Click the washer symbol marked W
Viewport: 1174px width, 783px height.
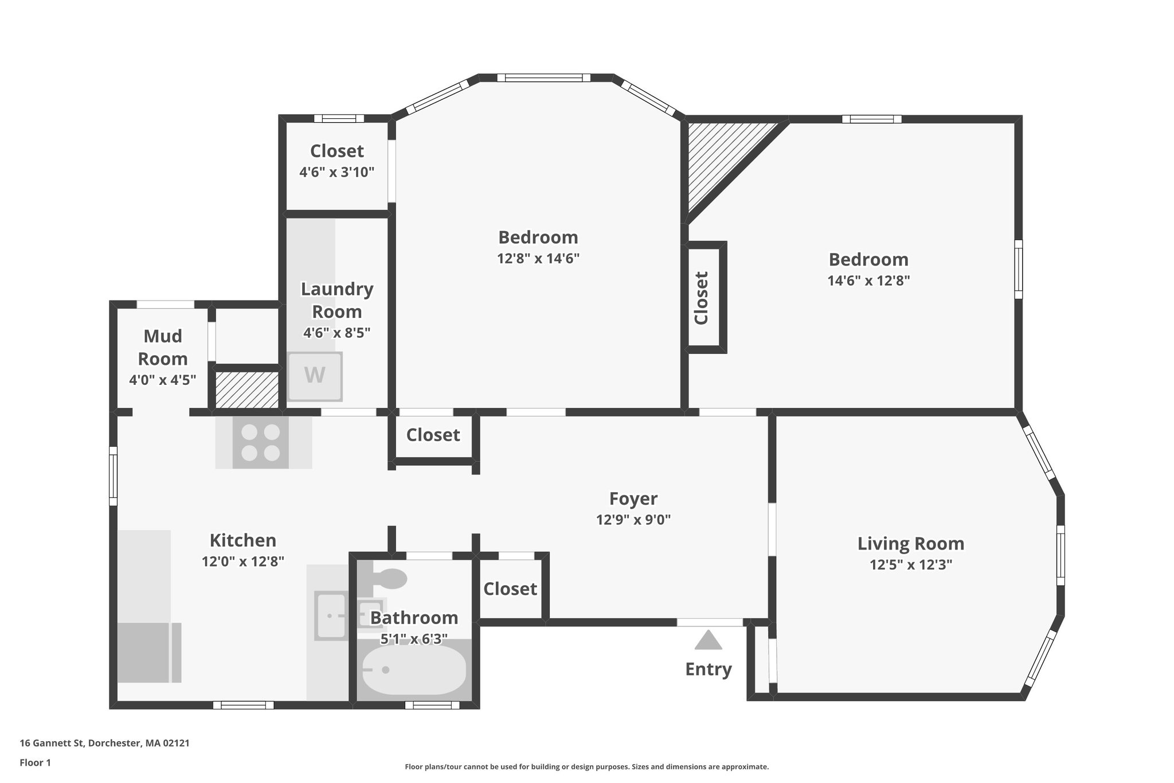click(x=315, y=376)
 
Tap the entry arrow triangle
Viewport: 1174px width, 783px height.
click(x=708, y=641)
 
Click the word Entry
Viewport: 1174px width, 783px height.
click(x=708, y=669)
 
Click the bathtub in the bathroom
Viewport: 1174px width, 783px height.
click(x=414, y=670)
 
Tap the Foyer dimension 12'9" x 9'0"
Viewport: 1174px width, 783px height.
click(x=633, y=520)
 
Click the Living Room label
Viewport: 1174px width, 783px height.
click(x=910, y=543)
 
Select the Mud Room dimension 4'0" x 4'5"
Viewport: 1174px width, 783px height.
click(x=162, y=380)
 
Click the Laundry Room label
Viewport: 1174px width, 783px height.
click(x=336, y=300)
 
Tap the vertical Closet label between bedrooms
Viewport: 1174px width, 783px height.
click(x=702, y=298)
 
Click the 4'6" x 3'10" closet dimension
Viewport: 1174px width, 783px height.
click(x=336, y=172)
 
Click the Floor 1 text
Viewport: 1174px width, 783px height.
click(x=35, y=763)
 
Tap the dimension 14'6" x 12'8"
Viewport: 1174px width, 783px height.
click(x=868, y=281)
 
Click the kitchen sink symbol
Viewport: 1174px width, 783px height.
click(x=331, y=616)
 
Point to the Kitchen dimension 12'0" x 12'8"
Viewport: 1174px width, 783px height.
click(x=242, y=562)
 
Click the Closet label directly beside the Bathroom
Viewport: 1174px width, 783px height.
click(x=510, y=589)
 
